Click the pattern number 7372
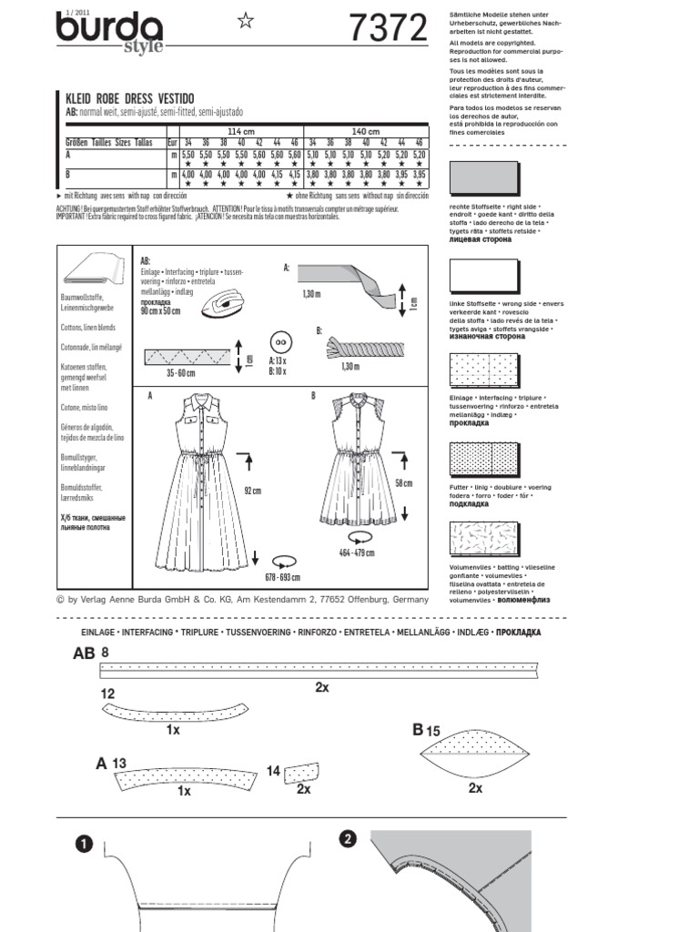tap(388, 30)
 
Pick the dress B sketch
tap(349, 461)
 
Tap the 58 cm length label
tap(402, 481)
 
